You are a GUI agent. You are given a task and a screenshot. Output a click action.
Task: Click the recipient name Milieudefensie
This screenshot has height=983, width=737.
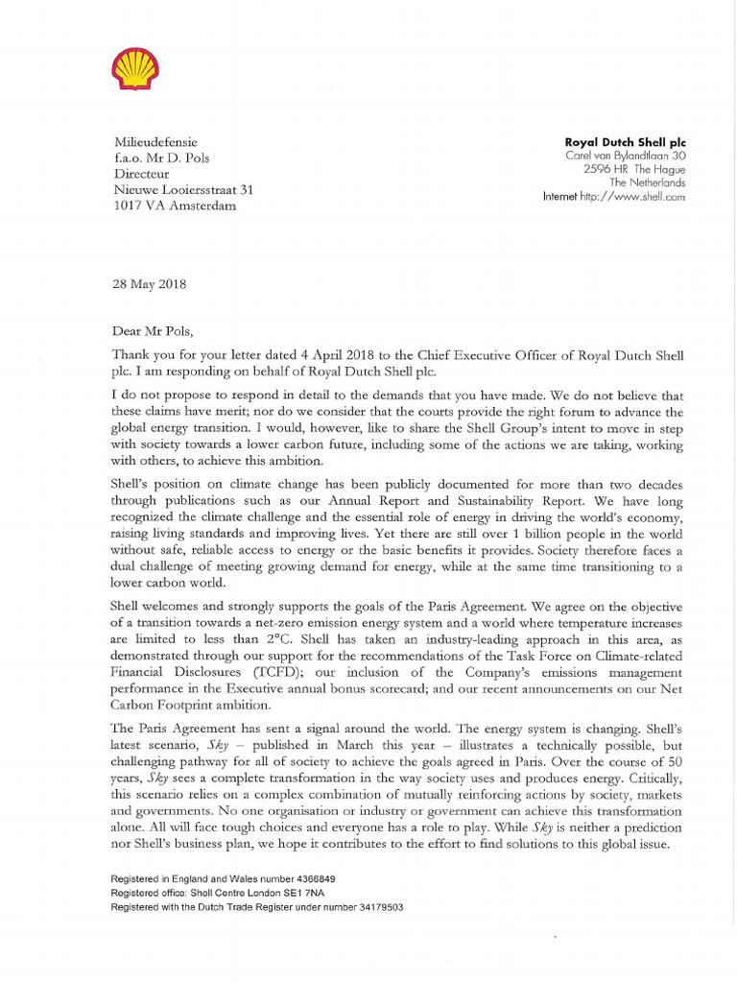[x=156, y=142]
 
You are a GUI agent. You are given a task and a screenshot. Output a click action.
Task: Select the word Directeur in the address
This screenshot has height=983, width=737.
[x=142, y=175]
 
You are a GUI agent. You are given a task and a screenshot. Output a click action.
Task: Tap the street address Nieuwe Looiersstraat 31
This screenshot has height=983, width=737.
[x=184, y=191]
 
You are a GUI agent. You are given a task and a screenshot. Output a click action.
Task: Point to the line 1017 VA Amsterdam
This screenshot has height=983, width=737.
[x=175, y=207]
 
